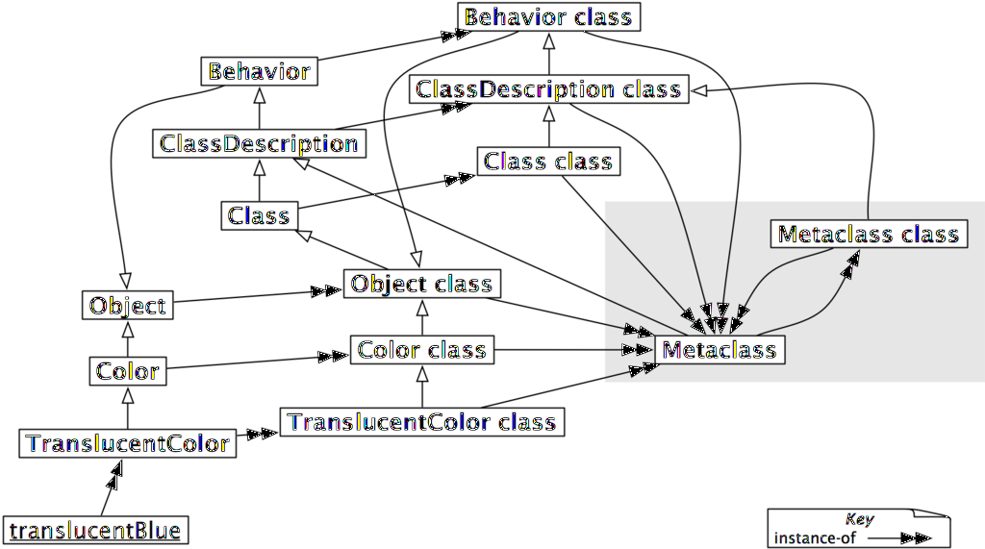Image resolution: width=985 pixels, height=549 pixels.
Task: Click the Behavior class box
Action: point(548,17)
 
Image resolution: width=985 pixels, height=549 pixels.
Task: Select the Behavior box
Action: point(259,71)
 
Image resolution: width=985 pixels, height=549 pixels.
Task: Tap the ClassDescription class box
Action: point(548,89)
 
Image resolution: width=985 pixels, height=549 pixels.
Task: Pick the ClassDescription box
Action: point(259,144)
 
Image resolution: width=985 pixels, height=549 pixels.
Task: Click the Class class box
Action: point(548,162)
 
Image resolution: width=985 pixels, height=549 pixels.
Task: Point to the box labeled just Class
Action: point(259,215)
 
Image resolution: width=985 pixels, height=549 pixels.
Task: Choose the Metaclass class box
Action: point(868,235)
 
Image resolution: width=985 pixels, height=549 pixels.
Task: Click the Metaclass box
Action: point(719,349)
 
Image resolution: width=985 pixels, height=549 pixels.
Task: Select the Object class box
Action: point(421,284)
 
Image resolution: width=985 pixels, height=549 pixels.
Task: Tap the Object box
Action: point(128,306)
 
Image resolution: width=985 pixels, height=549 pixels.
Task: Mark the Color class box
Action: point(421,349)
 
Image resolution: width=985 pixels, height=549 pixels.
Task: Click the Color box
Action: point(128,370)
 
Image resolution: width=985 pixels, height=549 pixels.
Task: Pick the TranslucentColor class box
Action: point(421,422)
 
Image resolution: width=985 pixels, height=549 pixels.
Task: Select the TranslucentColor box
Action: point(128,443)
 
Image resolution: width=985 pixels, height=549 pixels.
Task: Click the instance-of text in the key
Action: point(814,537)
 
